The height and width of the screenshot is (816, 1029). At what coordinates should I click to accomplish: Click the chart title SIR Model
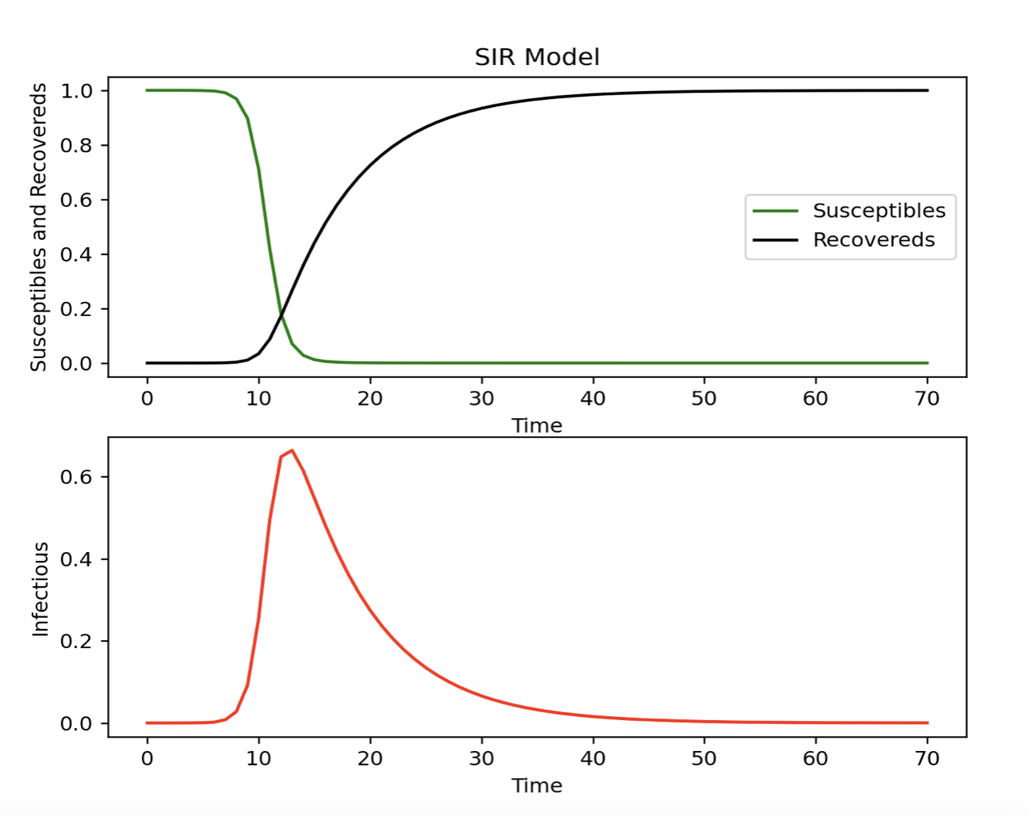tap(537, 57)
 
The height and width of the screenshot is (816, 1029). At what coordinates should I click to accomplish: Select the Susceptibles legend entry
tap(878, 211)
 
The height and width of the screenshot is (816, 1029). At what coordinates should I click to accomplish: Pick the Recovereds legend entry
tap(874, 240)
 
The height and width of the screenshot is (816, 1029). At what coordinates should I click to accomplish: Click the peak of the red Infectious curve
tap(292, 451)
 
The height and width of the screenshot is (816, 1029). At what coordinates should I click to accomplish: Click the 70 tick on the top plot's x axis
tap(927, 398)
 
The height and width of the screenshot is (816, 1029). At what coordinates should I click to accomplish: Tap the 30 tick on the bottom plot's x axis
tap(481, 758)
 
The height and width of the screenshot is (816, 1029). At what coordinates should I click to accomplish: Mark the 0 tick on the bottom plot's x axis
tap(147, 758)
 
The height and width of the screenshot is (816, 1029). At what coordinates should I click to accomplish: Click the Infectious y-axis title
tap(40, 589)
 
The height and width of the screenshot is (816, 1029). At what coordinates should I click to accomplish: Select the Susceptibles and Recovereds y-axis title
tap(39, 227)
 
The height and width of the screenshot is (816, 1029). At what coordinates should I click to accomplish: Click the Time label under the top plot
tap(537, 425)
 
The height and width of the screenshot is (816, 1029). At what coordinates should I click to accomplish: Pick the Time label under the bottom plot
tap(537, 785)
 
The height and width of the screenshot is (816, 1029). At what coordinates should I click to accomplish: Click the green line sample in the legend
tap(775, 211)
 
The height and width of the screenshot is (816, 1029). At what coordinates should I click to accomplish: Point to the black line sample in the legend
tap(775, 240)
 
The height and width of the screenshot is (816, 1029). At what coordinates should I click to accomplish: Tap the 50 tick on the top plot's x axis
tap(704, 398)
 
